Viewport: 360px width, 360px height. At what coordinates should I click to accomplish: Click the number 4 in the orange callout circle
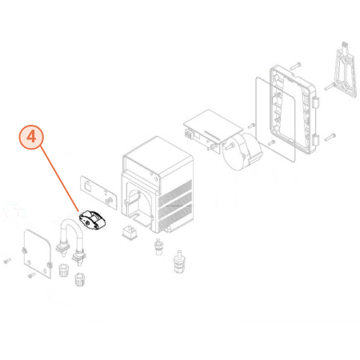(31, 137)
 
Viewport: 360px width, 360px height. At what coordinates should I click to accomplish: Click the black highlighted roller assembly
(92, 220)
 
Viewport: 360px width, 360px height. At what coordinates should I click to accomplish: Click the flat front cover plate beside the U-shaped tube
(37, 254)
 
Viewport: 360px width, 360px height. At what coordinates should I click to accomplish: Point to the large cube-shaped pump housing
(158, 185)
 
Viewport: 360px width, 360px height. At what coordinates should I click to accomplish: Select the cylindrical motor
(241, 150)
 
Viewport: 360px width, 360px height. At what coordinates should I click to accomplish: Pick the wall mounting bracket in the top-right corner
(345, 70)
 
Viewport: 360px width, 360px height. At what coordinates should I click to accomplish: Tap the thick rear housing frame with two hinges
(294, 110)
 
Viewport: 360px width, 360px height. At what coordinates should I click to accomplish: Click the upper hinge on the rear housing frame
(316, 102)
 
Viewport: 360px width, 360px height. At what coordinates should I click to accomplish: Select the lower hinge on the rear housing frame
(316, 140)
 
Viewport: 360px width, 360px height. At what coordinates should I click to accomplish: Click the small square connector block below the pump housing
(130, 233)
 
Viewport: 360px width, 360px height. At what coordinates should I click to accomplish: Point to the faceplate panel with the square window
(98, 192)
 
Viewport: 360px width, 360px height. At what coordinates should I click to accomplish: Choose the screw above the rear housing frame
(295, 66)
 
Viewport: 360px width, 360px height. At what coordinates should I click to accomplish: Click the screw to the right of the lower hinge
(330, 137)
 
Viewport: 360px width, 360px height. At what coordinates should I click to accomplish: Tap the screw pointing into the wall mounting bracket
(330, 86)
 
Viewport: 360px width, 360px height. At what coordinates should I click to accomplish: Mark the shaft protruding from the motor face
(230, 145)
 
